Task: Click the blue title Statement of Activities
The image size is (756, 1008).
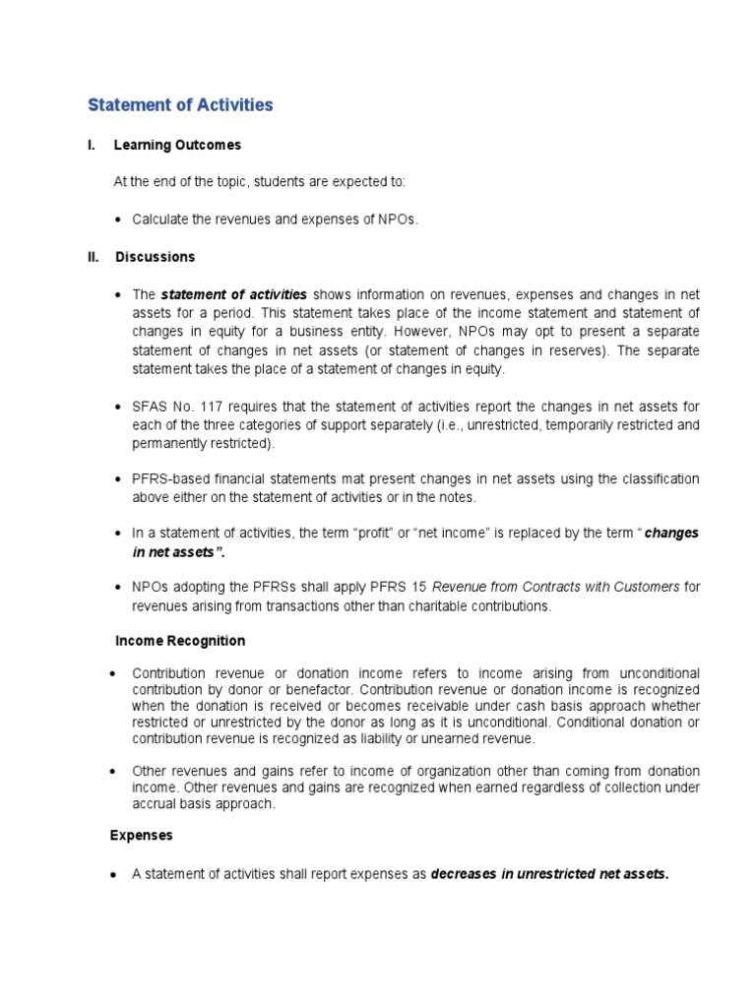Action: (x=180, y=104)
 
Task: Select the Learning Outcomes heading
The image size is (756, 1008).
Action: (x=177, y=145)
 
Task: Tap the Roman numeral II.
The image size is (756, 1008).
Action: (x=94, y=257)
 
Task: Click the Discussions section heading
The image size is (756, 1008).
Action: (x=155, y=257)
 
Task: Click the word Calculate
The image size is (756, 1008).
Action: (x=162, y=220)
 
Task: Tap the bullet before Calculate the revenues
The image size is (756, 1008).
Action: (x=118, y=220)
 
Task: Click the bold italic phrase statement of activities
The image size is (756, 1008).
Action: (x=234, y=294)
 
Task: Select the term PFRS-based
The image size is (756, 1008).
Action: (x=168, y=479)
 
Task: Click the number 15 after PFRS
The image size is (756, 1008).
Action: (x=419, y=587)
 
